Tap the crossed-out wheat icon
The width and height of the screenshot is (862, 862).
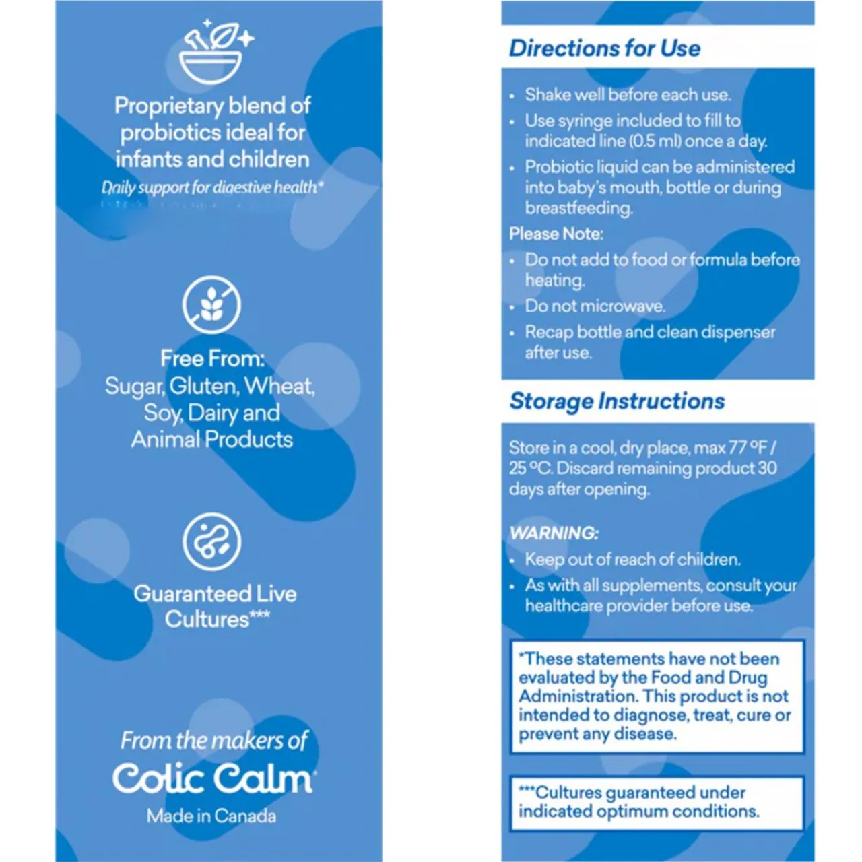(x=211, y=305)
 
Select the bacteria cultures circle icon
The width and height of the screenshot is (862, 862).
(x=211, y=541)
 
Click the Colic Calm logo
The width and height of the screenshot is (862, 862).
(x=213, y=778)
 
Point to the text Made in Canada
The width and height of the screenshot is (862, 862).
(x=211, y=816)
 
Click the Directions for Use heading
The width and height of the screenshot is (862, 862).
(x=605, y=48)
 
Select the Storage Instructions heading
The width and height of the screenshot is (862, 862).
(x=617, y=401)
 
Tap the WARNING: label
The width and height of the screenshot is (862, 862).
(x=554, y=533)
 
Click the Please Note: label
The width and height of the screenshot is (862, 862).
(x=556, y=234)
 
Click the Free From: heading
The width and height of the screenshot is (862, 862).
(x=212, y=358)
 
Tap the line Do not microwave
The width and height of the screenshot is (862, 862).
(x=595, y=306)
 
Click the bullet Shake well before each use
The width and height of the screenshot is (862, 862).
(x=628, y=94)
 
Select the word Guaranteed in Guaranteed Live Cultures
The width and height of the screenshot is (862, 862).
(x=182, y=594)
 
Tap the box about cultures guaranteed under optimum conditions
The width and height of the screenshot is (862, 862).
(x=657, y=803)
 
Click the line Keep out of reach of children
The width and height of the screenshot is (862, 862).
(x=632, y=560)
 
